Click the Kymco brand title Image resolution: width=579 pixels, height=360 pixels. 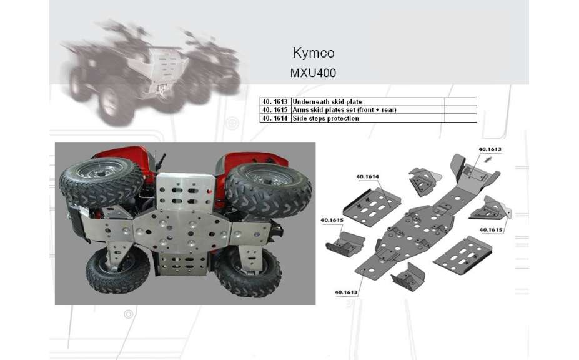coord(314,53)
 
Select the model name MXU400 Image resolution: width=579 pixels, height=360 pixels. coord(313,73)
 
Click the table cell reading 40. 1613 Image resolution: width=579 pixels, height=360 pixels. coord(275,101)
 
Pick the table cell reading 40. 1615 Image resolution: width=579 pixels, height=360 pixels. coord(275,110)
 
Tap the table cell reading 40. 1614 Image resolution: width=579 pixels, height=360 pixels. coord(275,118)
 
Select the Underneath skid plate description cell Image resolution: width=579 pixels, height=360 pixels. coord(368,101)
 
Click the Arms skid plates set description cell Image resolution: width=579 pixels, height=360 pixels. coord(368,110)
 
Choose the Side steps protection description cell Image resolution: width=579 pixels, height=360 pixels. coord(368,118)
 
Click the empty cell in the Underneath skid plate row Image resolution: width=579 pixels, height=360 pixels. coord(461,101)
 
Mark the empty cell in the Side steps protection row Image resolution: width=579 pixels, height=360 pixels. coord(461,118)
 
